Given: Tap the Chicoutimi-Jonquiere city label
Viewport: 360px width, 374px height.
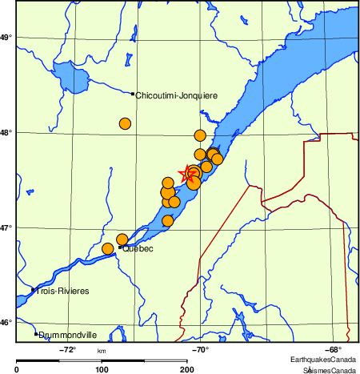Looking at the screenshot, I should click(x=177, y=95).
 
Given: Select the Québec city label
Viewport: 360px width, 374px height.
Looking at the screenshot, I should click(x=138, y=249).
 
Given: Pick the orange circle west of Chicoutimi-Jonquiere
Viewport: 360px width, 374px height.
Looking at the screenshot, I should click(x=125, y=123).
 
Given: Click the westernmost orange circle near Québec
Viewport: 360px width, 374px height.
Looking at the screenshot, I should click(x=108, y=249).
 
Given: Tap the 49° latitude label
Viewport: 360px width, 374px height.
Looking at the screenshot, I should click(x=6, y=38).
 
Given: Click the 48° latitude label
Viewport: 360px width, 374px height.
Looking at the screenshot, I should click(x=6, y=132).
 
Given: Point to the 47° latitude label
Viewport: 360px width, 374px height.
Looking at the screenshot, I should click(x=6, y=227).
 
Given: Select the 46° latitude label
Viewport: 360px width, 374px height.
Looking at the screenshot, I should click(x=6, y=322).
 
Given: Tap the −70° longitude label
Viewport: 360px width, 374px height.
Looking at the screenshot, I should click(x=201, y=349).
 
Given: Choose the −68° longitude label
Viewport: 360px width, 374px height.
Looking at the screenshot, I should click(x=334, y=349).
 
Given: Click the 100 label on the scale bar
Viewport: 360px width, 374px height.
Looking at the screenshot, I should click(x=102, y=369).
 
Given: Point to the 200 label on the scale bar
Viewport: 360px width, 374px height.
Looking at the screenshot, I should click(x=186, y=369).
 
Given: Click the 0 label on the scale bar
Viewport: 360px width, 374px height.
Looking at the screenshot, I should click(x=17, y=369).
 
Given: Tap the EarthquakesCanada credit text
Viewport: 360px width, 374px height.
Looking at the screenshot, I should click(x=324, y=358).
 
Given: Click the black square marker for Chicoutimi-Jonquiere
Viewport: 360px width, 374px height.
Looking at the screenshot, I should click(x=133, y=94).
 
